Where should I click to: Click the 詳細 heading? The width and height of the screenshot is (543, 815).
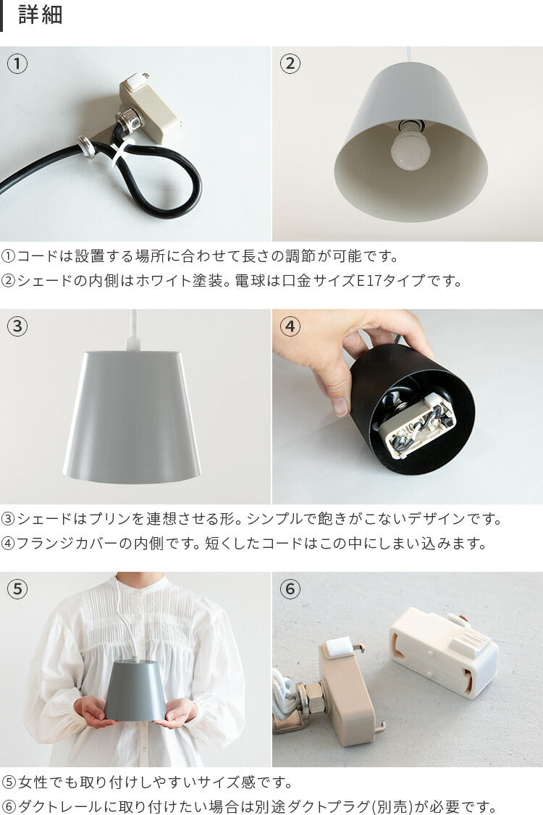point(41,14)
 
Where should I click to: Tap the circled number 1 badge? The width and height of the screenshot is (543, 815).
point(17,64)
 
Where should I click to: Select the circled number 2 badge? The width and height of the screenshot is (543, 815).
point(290,64)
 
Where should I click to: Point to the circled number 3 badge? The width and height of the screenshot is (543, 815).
point(17,326)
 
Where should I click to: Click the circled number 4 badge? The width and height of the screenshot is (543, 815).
point(290,326)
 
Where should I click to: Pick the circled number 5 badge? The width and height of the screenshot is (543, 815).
point(17,589)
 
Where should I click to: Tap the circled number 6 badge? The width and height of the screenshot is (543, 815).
point(290,589)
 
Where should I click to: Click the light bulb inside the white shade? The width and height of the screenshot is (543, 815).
point(411,148)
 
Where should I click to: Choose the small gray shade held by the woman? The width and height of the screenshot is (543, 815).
point(136,691)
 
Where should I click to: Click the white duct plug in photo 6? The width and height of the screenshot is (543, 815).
point(443,651)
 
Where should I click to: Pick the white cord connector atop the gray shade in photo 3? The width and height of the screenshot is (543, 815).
point(134,343)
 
